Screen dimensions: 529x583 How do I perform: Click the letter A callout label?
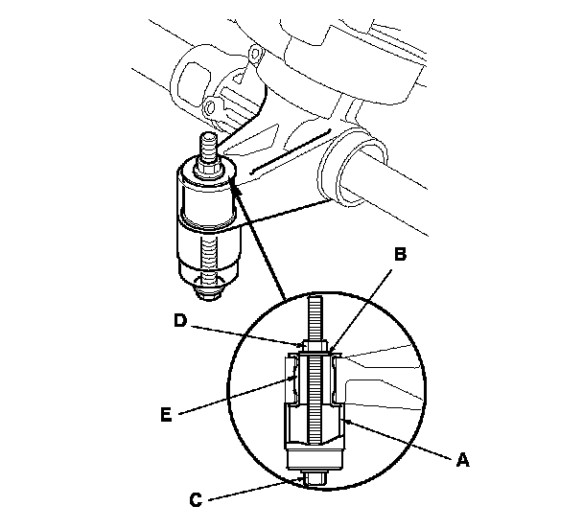(x=464, y=460)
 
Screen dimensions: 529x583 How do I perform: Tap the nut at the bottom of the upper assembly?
(x=209, y=281)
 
